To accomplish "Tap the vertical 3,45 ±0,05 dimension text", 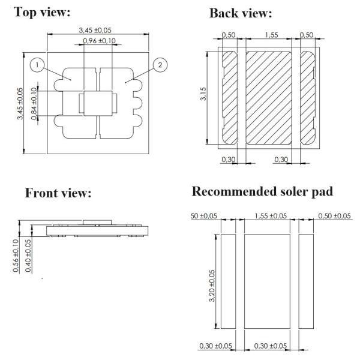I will coord(20,104).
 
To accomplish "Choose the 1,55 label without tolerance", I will coord(268,36).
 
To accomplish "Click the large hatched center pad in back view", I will coord(268,97).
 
